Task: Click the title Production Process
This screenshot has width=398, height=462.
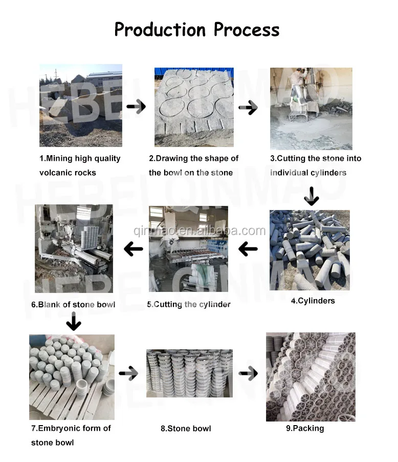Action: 197,29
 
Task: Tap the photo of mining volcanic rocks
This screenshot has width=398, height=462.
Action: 81,106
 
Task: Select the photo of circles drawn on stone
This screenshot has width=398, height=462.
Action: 194,107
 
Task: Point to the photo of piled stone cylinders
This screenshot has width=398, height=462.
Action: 309,250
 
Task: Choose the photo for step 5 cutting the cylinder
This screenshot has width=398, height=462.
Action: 188,248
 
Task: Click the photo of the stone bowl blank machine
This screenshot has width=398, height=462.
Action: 74,248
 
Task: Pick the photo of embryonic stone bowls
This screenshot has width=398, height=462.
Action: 72,377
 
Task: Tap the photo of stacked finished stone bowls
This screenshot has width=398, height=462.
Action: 189,373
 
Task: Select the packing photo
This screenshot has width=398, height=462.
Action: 311,376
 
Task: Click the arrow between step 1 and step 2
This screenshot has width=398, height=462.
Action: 136,107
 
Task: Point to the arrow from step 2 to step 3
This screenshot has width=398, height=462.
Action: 248,108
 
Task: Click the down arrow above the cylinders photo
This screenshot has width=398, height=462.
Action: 311,195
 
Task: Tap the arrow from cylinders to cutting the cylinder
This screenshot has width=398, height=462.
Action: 248,249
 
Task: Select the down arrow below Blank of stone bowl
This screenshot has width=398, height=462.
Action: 74,322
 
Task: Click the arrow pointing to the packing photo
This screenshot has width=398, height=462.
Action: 248,373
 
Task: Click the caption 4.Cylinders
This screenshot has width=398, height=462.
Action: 313,301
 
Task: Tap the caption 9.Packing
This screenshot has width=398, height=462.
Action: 305,428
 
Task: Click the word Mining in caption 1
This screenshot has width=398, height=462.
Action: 60,158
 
